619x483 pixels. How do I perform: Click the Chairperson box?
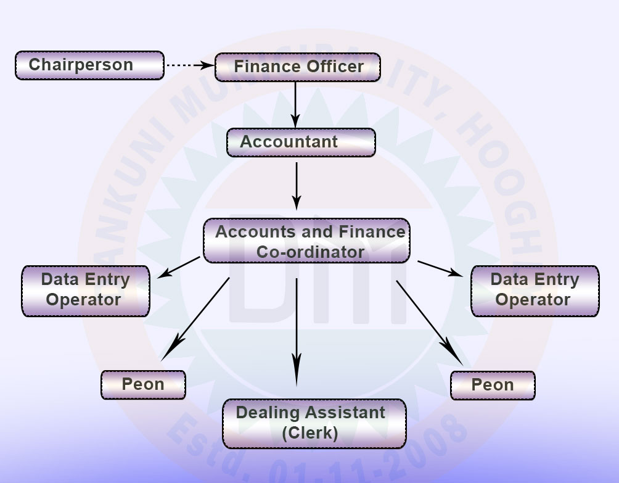(x=89, y=65)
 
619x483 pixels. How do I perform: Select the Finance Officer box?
(x=297, y=67)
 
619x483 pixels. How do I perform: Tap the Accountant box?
(x=301, y=142)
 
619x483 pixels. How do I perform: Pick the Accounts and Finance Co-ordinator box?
(x=306, y=241)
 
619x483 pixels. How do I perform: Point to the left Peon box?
(x=143, y=384)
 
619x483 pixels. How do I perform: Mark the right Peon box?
(x=493, y=385)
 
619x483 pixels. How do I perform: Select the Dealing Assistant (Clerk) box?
(x=314, y=423)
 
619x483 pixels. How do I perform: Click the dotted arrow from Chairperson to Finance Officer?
(x=189, y=64)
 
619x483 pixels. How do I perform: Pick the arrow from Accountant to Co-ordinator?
(x=297, y=185)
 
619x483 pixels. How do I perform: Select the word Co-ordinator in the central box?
(x=310, y=252)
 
